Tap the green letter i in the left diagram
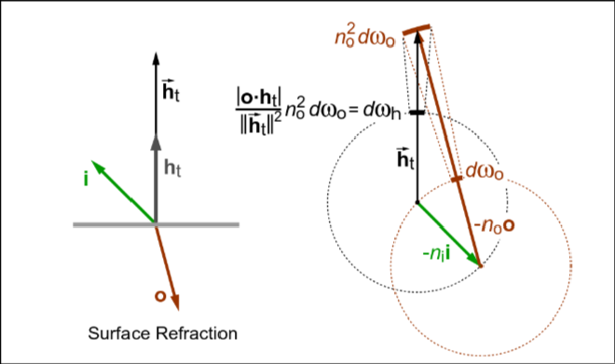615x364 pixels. click(x=86, y=179)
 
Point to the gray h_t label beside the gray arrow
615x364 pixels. click(x=173, y=169)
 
